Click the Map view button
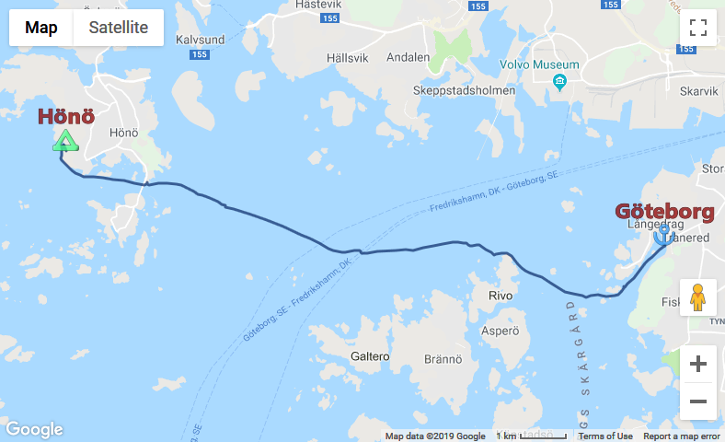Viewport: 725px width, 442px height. point(41,28)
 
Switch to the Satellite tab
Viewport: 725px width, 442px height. point(118,28)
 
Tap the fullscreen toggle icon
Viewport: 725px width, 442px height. point(697,28)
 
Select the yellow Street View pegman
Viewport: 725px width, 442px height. point(697,297)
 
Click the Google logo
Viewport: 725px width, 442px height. point(34,429)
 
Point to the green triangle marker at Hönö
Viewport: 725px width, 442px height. point(64,141)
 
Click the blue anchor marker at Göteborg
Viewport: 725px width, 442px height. point(661,236)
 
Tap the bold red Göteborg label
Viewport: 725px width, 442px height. point(664,213)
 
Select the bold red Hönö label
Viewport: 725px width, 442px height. point(65,117)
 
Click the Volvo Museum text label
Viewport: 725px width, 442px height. point(539,64)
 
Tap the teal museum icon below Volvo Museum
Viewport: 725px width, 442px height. point(559,84)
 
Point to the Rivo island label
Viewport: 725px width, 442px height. point(500,297)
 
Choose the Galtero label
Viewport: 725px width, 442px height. point(371,355)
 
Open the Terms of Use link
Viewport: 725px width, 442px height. point(605,436)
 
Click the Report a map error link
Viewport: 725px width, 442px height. point(682,436)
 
